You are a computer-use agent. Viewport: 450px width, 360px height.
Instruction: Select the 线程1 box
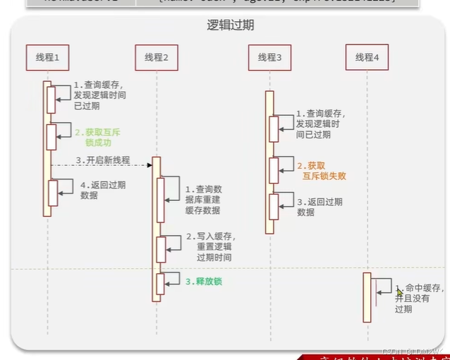click(x=47, y=57)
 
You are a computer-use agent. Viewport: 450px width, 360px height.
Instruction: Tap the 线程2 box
click(x=156, y=57)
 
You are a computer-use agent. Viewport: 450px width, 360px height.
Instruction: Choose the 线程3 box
click(x=269, y=57)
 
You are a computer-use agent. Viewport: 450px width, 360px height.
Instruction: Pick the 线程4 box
click(x=367, y=57)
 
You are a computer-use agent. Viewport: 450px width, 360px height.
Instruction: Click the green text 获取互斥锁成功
click(x=98, y=137)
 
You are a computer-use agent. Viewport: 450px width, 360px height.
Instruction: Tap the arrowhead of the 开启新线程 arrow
click(x=150, y=165)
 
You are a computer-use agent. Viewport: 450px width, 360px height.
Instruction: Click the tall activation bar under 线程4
click(x=367, y=297)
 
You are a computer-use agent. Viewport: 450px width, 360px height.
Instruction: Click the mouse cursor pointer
click(x=399, y=292)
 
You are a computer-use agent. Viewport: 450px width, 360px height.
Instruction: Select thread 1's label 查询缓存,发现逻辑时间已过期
click(x=102, y=95)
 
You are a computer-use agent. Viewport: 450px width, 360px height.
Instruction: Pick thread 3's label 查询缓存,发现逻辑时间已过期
click(x=320, y=124)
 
